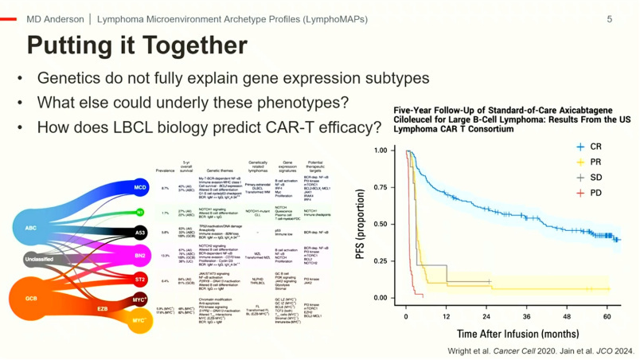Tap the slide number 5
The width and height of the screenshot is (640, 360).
click(610, 18)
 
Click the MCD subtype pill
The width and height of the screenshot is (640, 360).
click(140, 188)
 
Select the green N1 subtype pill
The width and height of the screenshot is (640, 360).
click(140, 213)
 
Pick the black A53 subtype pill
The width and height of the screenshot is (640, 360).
click(140, 233)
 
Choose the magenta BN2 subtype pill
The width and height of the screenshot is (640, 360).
click(140, 256)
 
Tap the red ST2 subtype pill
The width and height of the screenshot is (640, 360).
click(140, 280)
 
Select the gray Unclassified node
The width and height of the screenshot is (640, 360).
click(38, 259)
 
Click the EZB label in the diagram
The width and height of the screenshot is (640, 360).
click(103, 307)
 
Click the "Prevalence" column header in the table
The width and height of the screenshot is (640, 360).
click(165, 169)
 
